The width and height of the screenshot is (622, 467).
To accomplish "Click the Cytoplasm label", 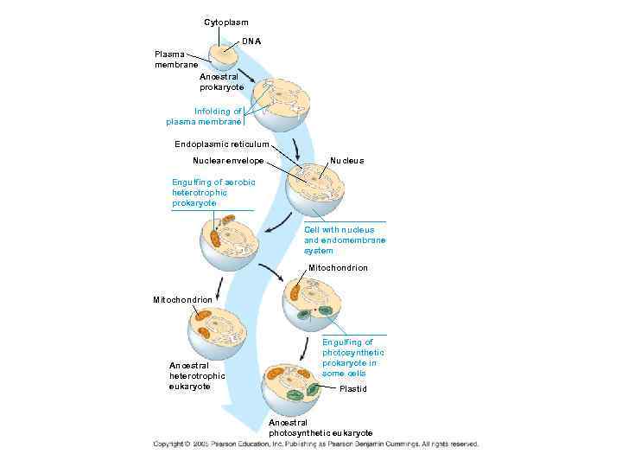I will (225, 21).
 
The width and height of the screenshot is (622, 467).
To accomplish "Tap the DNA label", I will (251, 42).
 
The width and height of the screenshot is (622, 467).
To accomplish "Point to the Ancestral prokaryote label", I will (221, 82).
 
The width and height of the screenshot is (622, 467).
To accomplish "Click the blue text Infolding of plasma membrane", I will (205, 117).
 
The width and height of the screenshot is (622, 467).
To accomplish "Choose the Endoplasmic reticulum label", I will (222, 144).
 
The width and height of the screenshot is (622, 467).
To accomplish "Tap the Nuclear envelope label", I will (228, 161).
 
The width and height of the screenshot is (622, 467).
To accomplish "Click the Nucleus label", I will (347, 161).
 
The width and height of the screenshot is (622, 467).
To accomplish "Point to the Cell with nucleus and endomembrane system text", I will (345, 240).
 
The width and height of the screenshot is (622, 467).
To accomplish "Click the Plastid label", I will (352, 389).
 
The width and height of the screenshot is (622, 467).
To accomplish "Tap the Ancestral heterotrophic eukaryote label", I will (197, 376).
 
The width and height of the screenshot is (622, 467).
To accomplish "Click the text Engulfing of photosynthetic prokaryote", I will (353, 357).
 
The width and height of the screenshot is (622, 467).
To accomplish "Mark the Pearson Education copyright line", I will (315, 444).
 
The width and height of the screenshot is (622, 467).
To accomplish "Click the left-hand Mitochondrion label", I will (182, 299).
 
